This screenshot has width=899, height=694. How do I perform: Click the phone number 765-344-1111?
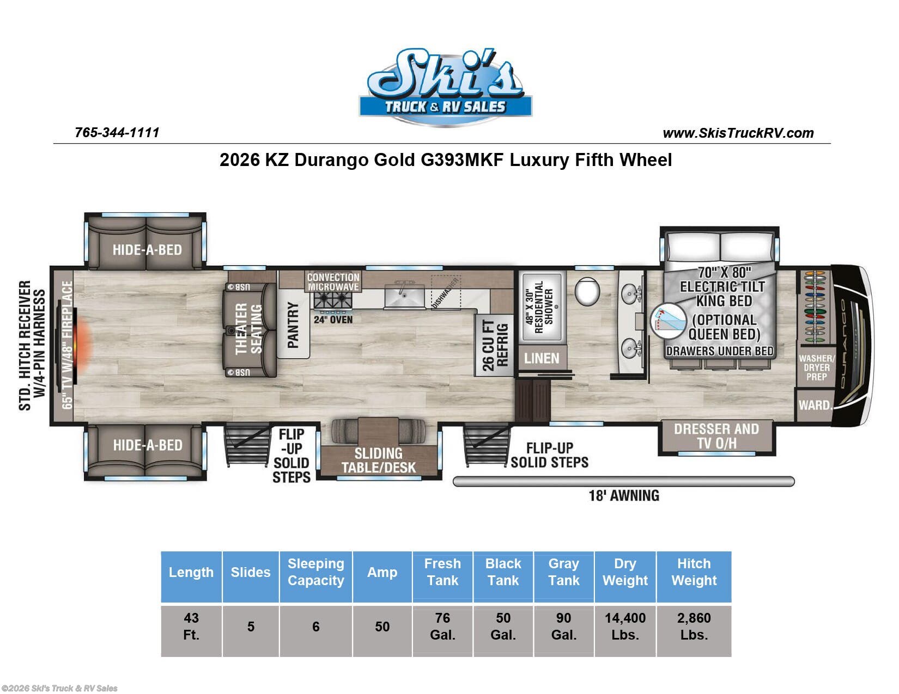pyautogui.click(x=117, y=133)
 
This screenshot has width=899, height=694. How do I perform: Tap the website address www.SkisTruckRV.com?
pyautogui.click(x=738, y=133)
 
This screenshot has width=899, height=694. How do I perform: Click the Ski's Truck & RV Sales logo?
pyautogui.click(x=445, y=87)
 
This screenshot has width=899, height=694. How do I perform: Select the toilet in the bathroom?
pyautogui.click(x=587, y=291)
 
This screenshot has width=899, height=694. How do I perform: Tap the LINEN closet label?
pyautogui.click(x=542, y=358)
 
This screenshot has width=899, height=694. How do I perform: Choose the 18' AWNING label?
pyautogui.click(x=624, y=495)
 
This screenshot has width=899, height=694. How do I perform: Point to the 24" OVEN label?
pyautogui.click(x=333, y=320)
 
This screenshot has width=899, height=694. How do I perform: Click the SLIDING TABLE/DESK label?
pyautogui.click(x=379, y=460)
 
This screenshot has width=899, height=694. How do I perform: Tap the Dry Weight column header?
pyautogui.click(x=625, y=572)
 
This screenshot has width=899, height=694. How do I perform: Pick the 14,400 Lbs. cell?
pyautogui.click(x=625, y=626)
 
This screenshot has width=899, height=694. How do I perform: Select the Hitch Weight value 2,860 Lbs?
pyautogui.click(x=694, y=626)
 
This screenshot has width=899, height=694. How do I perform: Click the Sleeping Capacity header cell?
pyautogui.click(x=315, y=572)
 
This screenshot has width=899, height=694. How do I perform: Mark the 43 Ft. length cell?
pyautogui.click(x=191, y=626)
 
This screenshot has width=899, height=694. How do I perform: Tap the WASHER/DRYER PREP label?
pyautogui.click(x=817, y=367)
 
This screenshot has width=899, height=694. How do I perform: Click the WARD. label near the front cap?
pyautogui.click(x=815, y=405)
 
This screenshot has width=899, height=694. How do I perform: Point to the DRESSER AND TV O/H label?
pyautogui.click(x=716, y=436)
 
